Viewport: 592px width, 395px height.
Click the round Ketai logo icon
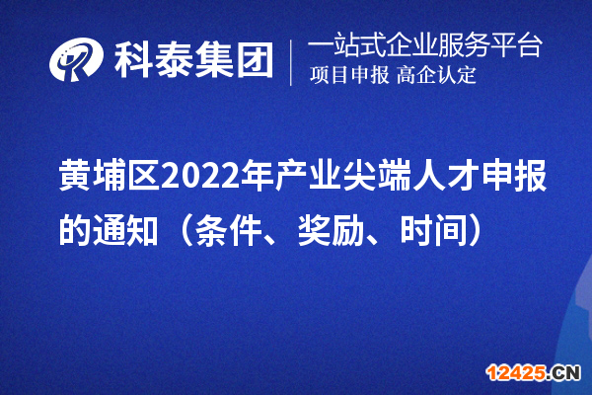pos(77,62)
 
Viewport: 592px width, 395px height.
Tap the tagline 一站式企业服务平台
pos(425,45)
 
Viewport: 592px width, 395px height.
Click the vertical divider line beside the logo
pos(291,62)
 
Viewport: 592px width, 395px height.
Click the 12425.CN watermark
pos(536,371)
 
